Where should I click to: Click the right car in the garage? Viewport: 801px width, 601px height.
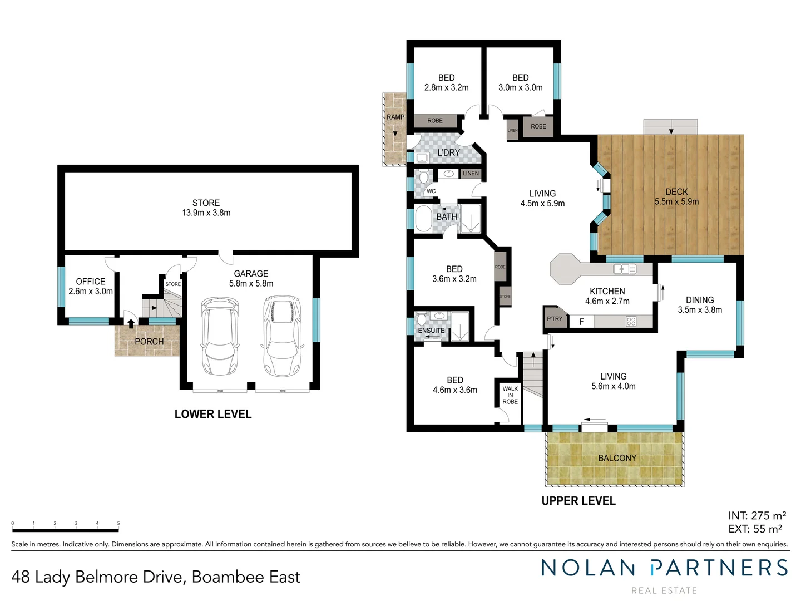pos(283,336)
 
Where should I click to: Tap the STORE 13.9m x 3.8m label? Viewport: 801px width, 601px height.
pos(206,208)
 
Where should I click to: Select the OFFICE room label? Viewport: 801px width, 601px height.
pos(91,282)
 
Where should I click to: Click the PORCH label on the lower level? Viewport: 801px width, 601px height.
pos(149,341)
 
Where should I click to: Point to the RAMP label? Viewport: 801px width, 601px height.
pos(395,117)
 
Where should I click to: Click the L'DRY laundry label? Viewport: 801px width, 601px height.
pos(448,152)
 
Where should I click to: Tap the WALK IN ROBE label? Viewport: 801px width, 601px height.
pos(510,395)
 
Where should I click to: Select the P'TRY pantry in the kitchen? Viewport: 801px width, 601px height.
pos(555,319)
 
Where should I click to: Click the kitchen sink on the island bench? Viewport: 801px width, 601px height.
pos(625,269)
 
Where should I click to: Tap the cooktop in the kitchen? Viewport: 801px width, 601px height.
pos(631,321)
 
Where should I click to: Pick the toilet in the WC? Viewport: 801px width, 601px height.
pos(424,178)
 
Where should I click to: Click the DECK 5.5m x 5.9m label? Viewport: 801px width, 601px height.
pos(676,196)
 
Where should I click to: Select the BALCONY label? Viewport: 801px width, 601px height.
pos(617,458)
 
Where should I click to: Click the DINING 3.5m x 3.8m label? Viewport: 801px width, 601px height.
pos(700,305)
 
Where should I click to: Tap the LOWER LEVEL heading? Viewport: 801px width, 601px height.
pos(213,414)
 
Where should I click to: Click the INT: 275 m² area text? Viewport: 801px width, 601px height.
pos(756,516)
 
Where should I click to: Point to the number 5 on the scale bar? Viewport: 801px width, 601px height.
pos(118,523)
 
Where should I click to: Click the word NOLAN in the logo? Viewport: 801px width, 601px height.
pos(589,568)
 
